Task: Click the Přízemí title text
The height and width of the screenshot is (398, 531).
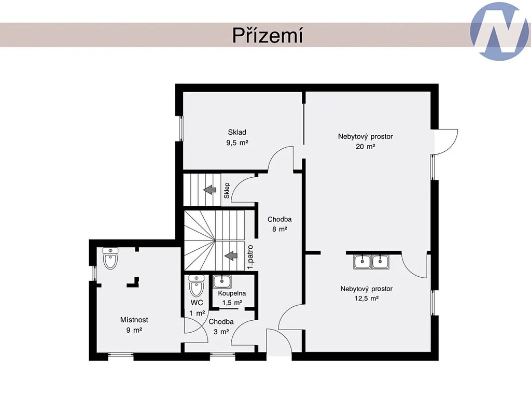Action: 267,35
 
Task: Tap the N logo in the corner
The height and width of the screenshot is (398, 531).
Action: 500,32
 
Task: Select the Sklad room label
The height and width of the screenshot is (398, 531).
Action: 237,132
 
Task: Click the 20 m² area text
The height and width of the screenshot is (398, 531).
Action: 366,147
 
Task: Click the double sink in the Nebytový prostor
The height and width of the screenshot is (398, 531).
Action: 371,262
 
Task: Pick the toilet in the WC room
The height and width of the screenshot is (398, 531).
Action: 197,286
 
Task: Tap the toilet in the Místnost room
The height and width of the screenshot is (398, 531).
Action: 110,258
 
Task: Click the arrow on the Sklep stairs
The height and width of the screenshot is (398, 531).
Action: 210,190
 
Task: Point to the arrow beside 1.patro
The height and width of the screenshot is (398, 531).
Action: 231,255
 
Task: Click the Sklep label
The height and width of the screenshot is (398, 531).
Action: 227,191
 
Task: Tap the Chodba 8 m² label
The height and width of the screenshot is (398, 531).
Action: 280,224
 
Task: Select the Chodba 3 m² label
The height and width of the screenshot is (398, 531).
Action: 221,326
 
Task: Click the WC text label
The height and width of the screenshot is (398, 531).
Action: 197,302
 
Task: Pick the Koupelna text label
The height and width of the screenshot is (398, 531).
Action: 232,293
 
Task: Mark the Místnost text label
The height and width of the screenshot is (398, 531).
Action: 134,319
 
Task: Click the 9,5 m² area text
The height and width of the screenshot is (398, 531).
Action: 237,143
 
